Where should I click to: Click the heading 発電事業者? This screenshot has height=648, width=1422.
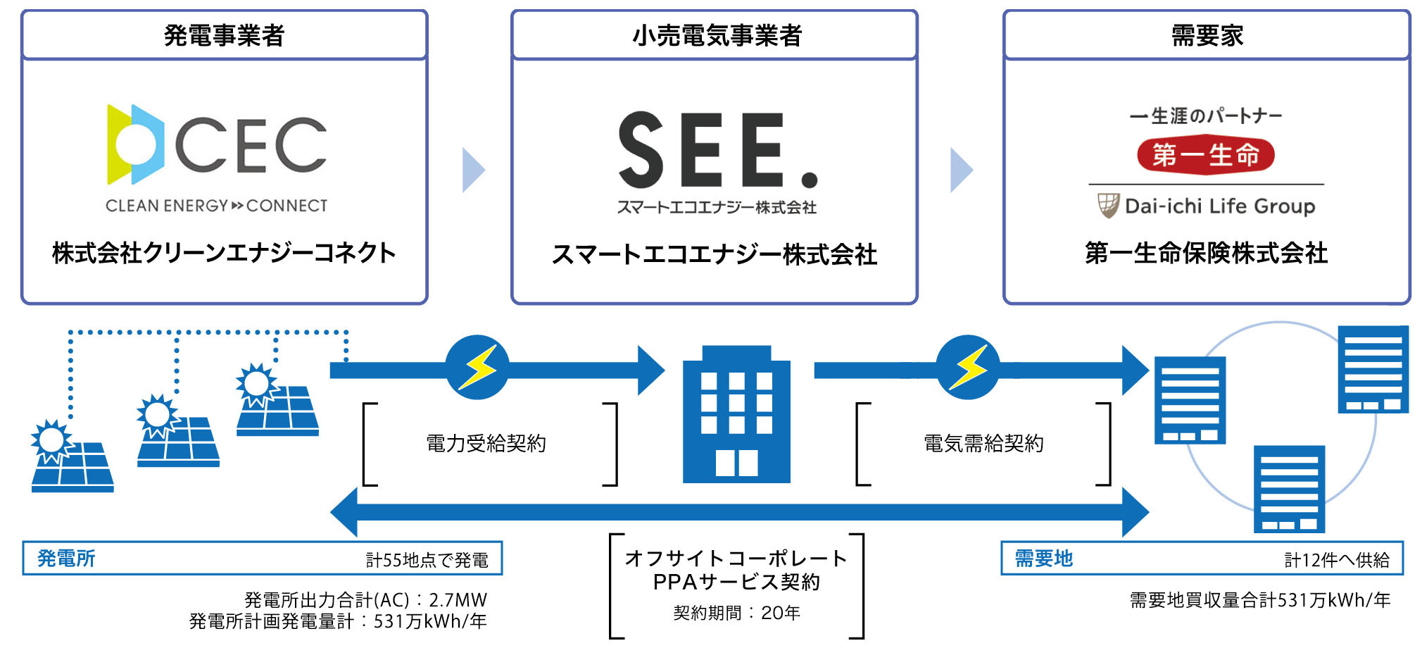(224, 35)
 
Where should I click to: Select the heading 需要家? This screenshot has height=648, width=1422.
(1207, 35)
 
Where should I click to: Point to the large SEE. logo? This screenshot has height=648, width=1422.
(717, 151)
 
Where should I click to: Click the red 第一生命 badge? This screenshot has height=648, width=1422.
(1205, 155)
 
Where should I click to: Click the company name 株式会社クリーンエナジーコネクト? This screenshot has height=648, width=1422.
(224, 253)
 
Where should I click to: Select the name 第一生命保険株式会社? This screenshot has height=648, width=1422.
(1206, 253)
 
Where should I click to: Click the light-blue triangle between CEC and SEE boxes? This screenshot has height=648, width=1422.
(472, 170)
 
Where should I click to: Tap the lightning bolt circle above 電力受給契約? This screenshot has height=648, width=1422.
(477, 367)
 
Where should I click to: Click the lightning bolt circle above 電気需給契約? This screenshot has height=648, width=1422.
(968, 367)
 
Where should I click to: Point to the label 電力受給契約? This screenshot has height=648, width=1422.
(486, 443)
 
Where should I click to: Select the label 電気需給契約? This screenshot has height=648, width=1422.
(983, 443)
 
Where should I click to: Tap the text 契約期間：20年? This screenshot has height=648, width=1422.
(736, 613)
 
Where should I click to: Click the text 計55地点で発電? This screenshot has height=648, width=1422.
(427, 560)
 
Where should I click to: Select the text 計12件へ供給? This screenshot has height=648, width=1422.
(1336, 560)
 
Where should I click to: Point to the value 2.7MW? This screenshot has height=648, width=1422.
(458, 600)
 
